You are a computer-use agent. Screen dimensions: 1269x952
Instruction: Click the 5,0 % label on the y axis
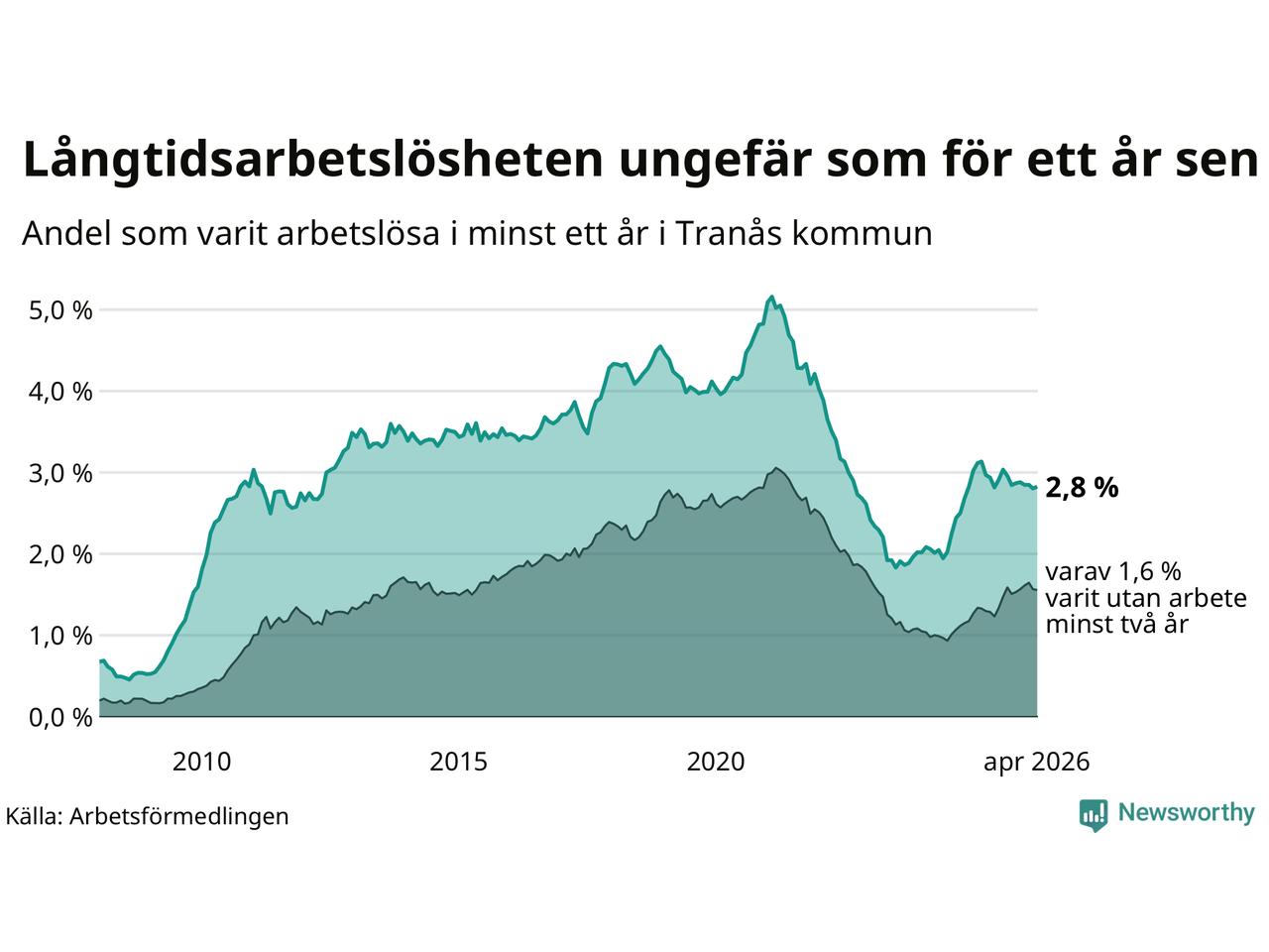(x=60, y=311)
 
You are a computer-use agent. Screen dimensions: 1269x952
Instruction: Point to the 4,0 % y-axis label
(x=60, y=393)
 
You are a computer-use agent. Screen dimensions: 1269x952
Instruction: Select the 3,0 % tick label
(x=60, y=474)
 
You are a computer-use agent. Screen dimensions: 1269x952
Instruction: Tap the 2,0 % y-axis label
(x=60, y=555)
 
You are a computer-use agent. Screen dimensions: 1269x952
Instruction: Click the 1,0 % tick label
(x=60, y=637)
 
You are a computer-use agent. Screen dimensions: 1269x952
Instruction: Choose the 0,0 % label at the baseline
(x=60, y=719)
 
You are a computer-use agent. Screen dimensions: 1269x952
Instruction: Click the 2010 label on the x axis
(x=202, y=762)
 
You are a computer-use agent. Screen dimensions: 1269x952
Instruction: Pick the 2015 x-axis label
(x=458, y=762)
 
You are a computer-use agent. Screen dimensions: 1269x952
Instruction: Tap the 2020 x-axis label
(x=716, y=762)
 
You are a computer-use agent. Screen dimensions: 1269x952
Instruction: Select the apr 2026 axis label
(x=1037, y=763)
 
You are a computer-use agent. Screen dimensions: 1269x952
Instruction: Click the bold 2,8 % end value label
(x=1083, y=489)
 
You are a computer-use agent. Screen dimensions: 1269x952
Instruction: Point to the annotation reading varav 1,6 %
(x=1113, y=571)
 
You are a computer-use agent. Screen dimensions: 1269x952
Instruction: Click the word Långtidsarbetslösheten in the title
(x=313, y=161)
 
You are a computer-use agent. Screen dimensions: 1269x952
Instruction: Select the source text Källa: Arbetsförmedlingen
(x=148, y=817)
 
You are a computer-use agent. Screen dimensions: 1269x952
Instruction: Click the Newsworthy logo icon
(x=1094, y=815)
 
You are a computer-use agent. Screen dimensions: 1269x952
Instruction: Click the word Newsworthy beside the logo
(x=1187, y=813)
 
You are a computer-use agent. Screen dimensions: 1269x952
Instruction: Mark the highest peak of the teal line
(x=771, y=297)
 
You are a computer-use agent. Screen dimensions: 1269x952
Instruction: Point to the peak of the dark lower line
(x=776, y=468)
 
